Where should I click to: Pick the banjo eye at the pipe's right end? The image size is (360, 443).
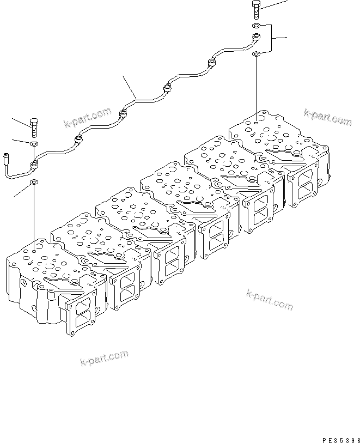[x=256, y=38]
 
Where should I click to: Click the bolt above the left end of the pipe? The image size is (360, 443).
[x=34, y=127]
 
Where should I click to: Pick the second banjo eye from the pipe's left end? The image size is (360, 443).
[x=80, y=141]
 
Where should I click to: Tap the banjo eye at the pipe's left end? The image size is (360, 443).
[x=34, y=163]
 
